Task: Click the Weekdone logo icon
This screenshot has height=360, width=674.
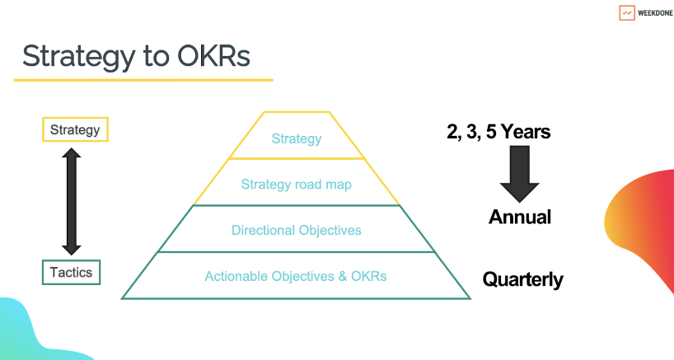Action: pos(627,13)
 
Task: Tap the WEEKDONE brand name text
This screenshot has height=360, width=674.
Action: pos(655,13)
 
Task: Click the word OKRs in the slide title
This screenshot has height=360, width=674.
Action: pos(213,56)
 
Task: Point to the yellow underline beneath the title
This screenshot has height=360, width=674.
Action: pos(143,80)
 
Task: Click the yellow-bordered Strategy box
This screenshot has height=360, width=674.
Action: pos(75,129)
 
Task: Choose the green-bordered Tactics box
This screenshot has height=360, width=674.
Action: pos(72,273)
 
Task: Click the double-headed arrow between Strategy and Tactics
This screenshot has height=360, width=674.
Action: pos(72,202)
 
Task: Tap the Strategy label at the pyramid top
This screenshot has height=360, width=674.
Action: pos(297,138)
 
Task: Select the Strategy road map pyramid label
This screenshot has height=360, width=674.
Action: pos(296,185)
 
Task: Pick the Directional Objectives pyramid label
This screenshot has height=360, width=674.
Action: pos(296,231)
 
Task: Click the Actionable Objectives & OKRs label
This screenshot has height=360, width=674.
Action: pos(296,276)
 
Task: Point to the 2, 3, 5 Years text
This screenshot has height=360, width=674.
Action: pos(498,132)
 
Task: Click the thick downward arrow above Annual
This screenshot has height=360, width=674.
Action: pos(519,174)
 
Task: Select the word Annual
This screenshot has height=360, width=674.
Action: pos(520,217)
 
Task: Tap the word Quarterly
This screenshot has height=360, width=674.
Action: pos(522,279)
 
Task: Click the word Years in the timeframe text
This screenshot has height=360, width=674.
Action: pos(526,132)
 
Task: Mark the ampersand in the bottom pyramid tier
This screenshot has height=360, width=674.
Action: pos(343,276)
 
